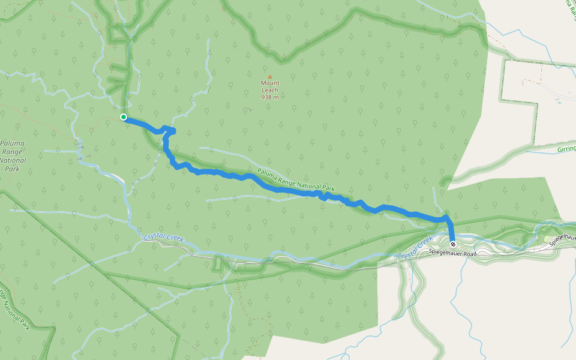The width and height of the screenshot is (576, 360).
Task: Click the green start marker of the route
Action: [123, 117]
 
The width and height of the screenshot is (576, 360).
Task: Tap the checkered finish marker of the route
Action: [452, 244]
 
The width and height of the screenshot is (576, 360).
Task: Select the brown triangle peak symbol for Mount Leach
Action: [270, 77]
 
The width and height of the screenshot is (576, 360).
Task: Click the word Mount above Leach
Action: [270, 83]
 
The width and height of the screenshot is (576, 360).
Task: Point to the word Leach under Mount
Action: [270, 90]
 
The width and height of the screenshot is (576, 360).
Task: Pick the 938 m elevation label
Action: [270, 97]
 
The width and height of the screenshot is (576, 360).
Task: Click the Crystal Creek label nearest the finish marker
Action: [415, 249]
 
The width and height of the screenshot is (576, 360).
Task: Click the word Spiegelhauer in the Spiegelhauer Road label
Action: [446, 254]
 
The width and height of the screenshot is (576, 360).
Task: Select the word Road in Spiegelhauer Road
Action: [470, 254]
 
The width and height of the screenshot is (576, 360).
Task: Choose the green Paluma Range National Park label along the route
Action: [296, 180]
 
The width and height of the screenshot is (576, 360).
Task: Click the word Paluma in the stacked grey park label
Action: [12, 144]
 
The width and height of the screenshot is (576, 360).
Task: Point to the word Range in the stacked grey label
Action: [12, 152]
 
